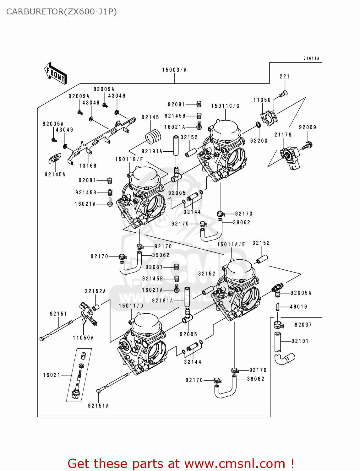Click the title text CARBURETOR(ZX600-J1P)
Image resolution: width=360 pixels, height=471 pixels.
tap(62, 12)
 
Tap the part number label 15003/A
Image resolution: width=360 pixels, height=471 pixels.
tap(174, 70)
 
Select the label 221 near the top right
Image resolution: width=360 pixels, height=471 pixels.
tap(285, 76)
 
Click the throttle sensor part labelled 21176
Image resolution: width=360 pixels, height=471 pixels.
tap(291, 157)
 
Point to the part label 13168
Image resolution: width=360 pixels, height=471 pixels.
tap(88, 165)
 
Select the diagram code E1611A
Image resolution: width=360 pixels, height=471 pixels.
tap(311, 58)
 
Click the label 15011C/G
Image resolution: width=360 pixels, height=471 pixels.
tap(225, 106)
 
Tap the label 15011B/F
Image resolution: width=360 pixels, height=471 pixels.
tap(129, 160)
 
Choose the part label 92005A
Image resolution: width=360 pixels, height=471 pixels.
tap(301, 293)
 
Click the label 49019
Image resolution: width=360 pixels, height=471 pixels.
tap(298, 307)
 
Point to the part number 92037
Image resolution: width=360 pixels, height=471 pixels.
tap(303, 325)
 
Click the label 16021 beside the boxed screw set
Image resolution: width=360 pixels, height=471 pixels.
tap(52, 375)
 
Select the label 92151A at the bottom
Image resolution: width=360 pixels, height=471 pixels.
tap(98, 406)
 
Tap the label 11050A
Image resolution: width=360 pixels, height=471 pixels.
tap(83, 338)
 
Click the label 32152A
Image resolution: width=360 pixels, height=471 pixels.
tap(95, 291)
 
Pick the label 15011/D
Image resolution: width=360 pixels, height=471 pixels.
tap(131, 306)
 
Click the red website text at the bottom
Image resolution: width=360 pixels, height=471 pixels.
tap(181, 463)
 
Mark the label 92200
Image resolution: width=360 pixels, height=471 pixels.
tap(259, 141)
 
